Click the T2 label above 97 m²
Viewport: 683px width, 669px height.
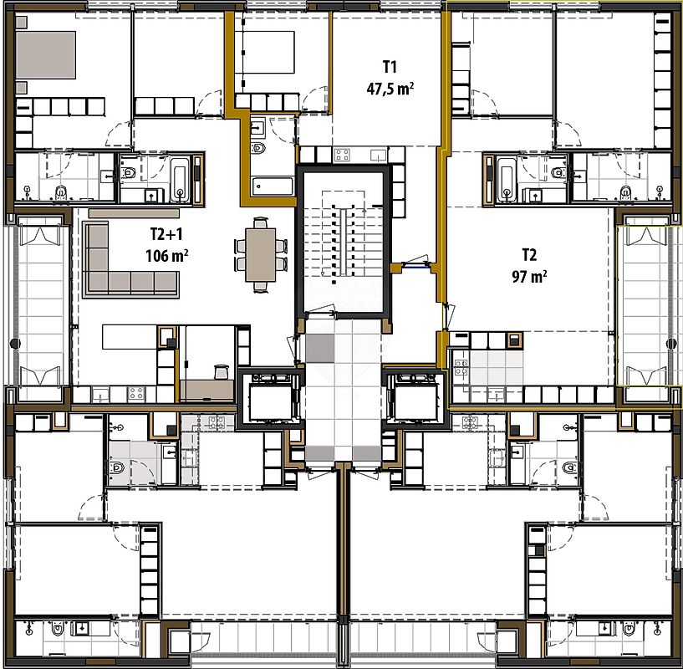click(x=529, y=255)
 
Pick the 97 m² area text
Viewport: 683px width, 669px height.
click(x=529, y=276)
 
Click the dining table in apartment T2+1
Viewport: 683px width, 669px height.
click(x=261, y=254)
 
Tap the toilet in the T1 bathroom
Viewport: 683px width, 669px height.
click(x=258, y=148)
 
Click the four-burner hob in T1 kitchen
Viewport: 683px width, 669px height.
click(x=343, y=155)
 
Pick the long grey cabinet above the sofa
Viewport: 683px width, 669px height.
click(x=134, y=214)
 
